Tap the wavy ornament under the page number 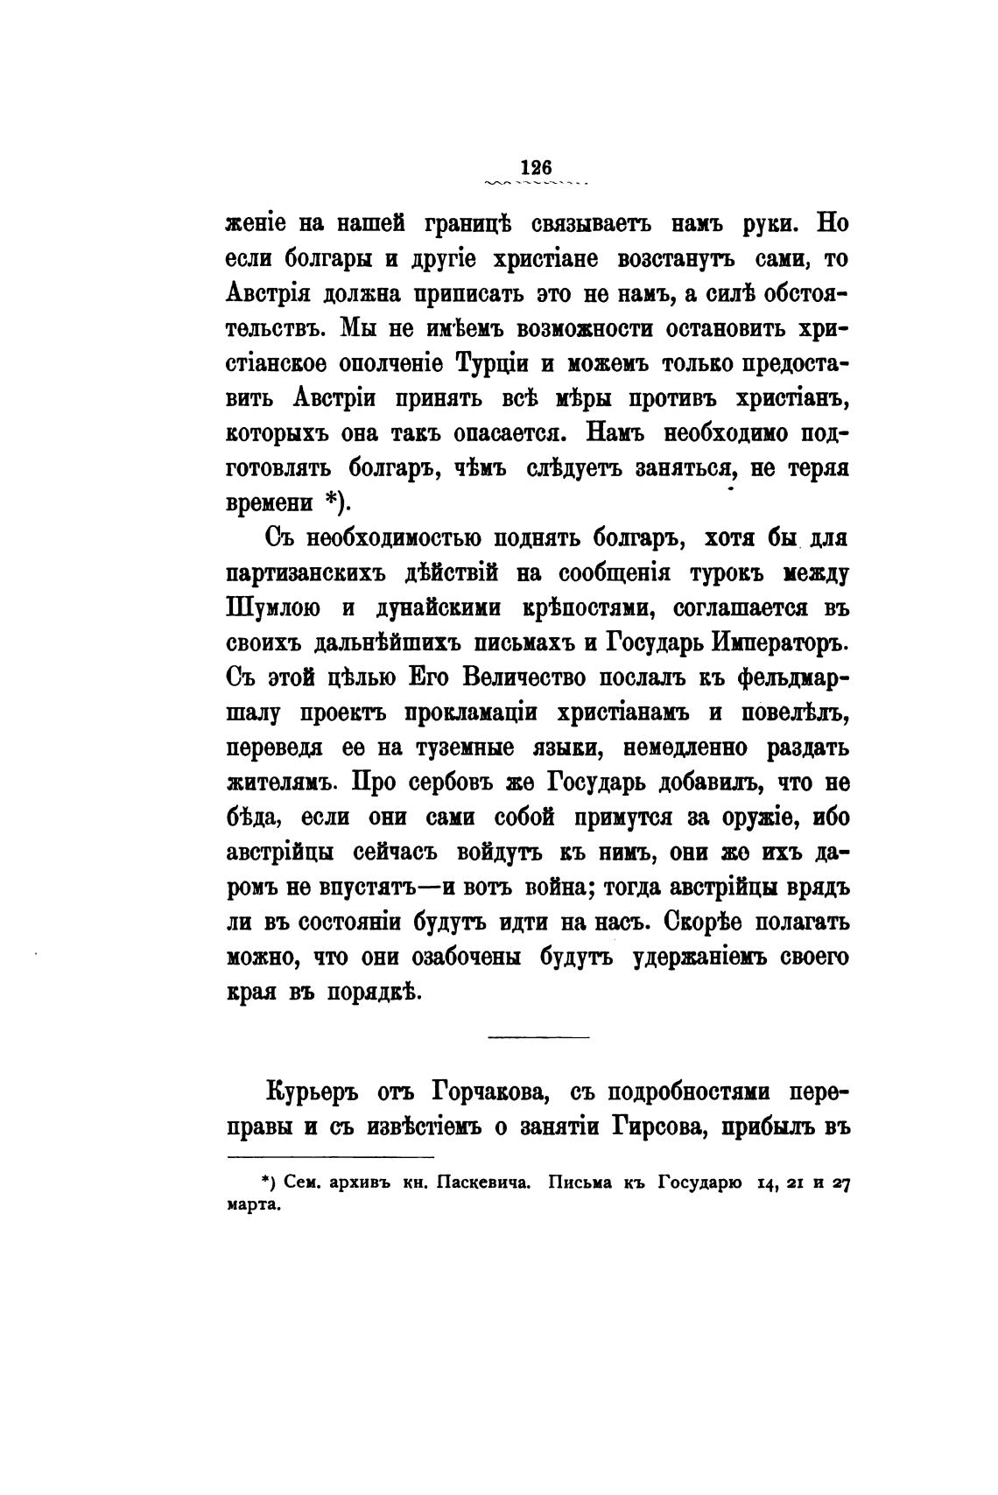coord(535,184)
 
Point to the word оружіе coord(749,818)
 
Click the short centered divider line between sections coord(538,1038)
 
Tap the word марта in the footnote coord(252,1205)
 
